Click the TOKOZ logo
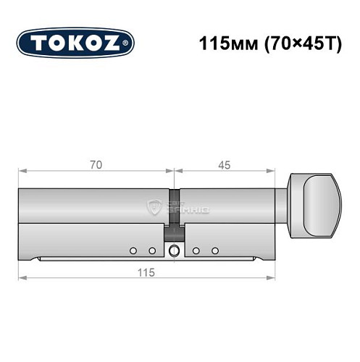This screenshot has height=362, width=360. click(x=75, y=43)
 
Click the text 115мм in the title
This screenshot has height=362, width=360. click(x=222, y=43)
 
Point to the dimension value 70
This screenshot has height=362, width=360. click(x=96, y=165)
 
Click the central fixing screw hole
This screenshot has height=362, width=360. click(x=174, y=251)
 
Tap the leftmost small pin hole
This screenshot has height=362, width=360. click(x=133, y=251)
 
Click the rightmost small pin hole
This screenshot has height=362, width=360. click(x=215, y=251)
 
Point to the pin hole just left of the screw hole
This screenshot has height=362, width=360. click(x=152, y=251)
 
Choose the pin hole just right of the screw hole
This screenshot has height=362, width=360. click(x=196, y=251)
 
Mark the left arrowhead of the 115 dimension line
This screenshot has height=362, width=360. click(x=22, y=277)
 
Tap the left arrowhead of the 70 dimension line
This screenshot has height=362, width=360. click(x=22, y=172)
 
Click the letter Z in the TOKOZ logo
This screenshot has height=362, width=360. click(x=115, y=43)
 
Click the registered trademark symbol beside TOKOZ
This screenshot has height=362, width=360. click(x=128, y=45)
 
